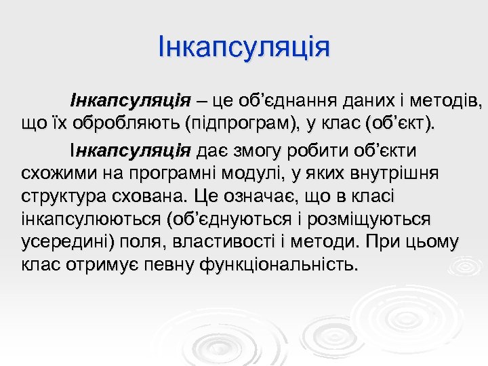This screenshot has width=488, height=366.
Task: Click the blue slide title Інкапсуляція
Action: pyautogui.click(x=243, y=47)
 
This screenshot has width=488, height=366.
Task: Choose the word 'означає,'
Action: pyautogui.click(x=252, y=197)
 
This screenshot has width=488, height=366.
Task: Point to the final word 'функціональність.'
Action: pyautogui.click(x=278, y=265)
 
